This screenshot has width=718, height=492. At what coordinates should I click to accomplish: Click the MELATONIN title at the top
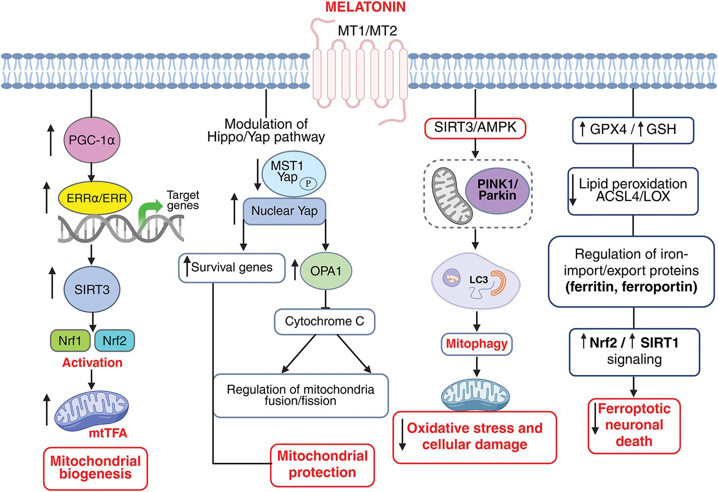(x=366, y=7)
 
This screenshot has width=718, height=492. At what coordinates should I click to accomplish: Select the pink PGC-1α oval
(x=92, y=140)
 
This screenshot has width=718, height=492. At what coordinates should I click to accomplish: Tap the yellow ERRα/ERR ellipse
(x=96, y=198)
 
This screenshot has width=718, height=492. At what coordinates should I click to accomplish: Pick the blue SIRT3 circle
(x=92, y=290)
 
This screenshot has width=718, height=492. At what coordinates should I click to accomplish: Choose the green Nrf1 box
(x=70, y=340)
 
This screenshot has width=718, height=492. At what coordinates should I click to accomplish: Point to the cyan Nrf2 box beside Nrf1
(x=115, y=340)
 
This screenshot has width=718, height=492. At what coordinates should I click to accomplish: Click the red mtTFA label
(x=108, y=433)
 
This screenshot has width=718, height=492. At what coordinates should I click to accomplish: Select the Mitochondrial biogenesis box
(x=96, y=468)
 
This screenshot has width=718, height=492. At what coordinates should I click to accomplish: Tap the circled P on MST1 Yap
(x=308, y=183)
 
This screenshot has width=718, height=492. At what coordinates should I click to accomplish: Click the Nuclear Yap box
(x=284, y=211)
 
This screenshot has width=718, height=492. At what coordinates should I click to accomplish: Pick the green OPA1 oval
(x=326, y=271)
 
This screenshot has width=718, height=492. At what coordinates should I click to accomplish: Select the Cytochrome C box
(x=324, y=321)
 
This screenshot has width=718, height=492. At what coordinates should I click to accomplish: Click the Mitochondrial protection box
(x=322, y=465)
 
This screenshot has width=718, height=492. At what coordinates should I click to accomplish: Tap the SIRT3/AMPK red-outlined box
(x=475, y=128)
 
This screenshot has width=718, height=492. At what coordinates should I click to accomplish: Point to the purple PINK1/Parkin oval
(x=497, y=191)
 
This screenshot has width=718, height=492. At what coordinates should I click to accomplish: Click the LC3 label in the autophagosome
(x=478, y=280)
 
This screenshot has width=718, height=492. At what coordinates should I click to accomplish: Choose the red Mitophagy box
(x=477, y=344)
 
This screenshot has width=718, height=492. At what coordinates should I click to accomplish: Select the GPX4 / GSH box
(x=632, y=130)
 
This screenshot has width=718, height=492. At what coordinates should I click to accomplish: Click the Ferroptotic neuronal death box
(x=634, y=425)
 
